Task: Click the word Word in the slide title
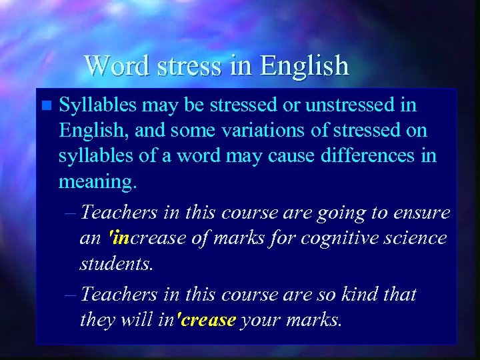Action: pyautogui.click(x=111, y=65)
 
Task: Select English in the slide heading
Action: pyautogui.click(x=305, y=65)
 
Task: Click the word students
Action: pyautogui.click(x=116, y=263)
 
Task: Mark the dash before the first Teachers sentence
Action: pyautogui.click(x=72, y=213)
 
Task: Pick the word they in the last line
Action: pyautogui.click(x=97, y=319)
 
